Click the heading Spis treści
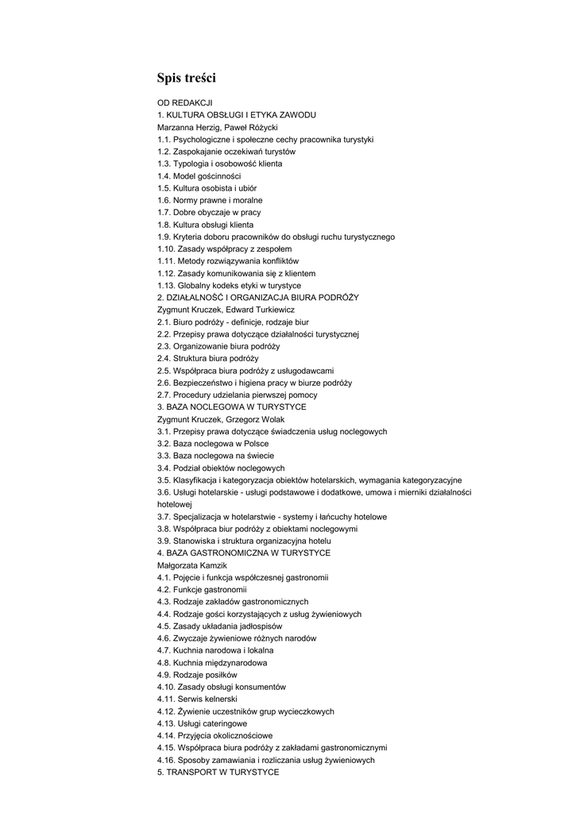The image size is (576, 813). [186, 78]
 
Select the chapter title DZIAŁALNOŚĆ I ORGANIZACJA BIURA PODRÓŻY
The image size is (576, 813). [262, 297]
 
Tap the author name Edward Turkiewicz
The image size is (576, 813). [265, 310]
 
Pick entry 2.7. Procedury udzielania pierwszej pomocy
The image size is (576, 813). [237, 395]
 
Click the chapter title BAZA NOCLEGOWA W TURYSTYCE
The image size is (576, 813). [236, 406]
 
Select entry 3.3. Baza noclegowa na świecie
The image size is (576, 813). [215, 455]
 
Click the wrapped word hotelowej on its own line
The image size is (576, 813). [175, 504]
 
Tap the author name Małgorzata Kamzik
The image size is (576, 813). [187, 564]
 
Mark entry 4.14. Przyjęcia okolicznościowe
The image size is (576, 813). [215, 735]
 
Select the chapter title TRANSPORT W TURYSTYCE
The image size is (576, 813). [222, 772]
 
